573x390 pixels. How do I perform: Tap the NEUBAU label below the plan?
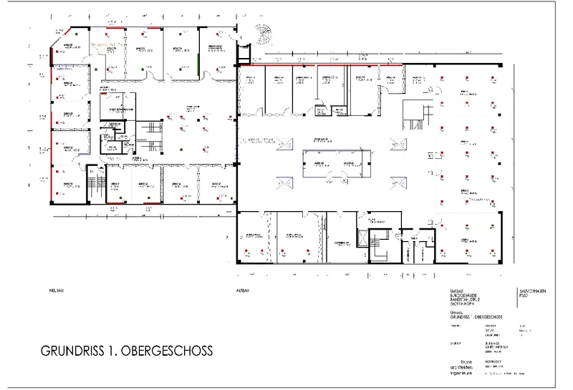[x=52, y=293]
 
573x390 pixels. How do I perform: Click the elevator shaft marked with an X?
[x=363, y=239]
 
